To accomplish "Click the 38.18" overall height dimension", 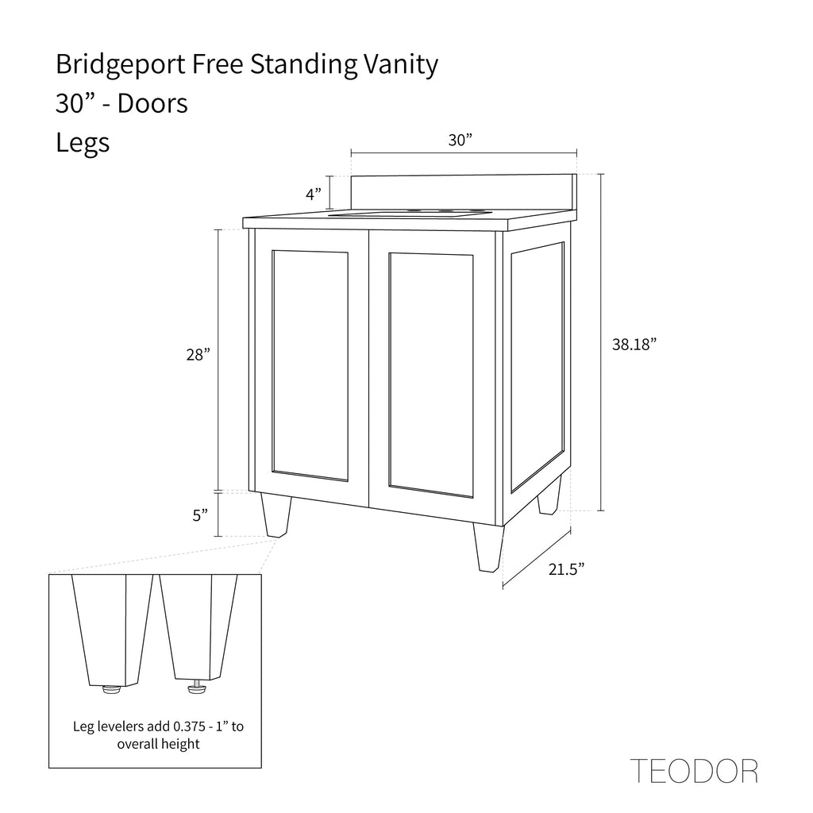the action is [634, 345].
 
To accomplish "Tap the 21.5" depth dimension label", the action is [567, 569].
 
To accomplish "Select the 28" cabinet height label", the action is [198, 355].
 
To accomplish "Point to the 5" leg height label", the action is [200, 515].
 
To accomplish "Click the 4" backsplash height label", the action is [314, 195].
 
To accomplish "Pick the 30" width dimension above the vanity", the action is [460, 140].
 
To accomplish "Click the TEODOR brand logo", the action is [694, 771].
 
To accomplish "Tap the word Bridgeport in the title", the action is [121, 65].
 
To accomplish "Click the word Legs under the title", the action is [83, 143].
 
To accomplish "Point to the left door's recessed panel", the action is [310, 366].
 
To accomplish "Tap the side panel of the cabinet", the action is [538, 367].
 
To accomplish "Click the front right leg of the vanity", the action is [488, 548].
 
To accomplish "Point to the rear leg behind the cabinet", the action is [549, 495].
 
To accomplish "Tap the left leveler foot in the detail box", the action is [111, 689].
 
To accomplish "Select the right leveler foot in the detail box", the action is [196, 688].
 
